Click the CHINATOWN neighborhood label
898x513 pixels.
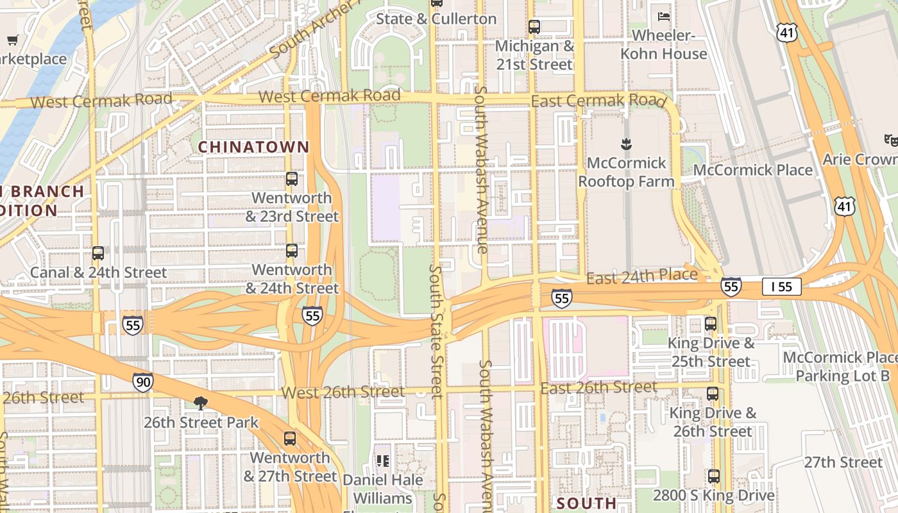[253, 147]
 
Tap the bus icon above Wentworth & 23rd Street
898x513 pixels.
[292, 179]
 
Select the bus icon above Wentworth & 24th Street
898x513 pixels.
[292, 251]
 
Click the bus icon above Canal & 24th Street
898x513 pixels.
[98, 253]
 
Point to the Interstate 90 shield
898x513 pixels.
[143, 382]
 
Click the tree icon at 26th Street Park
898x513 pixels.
[201, 403]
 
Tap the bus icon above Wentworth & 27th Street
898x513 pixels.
[290, 439]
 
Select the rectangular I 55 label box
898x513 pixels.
[781, 287]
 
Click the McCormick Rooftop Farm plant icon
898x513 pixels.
[626, 144]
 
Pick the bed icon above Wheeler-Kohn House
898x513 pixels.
[664, 16]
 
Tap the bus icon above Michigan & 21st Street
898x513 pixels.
[534, 27]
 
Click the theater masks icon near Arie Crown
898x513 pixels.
[891, 140]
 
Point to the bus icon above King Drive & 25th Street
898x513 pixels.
[711, 324]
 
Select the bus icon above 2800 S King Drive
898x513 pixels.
[713, 476]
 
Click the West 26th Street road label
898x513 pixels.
[343, 392]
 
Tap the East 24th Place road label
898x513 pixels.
[641, 276]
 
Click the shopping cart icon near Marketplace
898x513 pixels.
[12, 40]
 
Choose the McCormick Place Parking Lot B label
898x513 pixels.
[839, 366]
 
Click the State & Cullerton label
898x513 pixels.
[436, 19]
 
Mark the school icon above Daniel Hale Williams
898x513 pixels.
[383, 460]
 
